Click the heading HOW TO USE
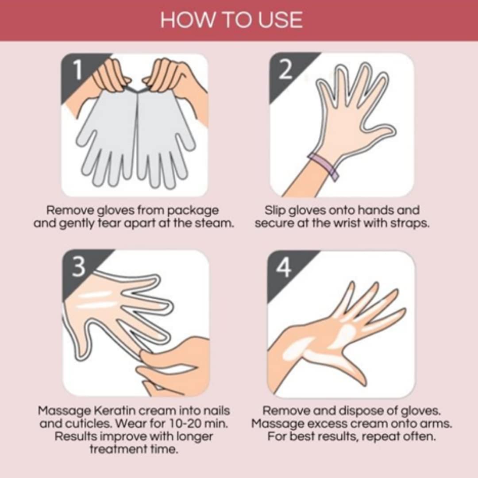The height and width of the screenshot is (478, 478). tap(231, 20)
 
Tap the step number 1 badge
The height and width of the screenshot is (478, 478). tap(78, 70)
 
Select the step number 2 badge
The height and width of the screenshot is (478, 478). tap(285, 69)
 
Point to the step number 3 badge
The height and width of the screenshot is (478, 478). tap(79, 267)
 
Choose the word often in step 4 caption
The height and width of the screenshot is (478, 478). tap(418, 437)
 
